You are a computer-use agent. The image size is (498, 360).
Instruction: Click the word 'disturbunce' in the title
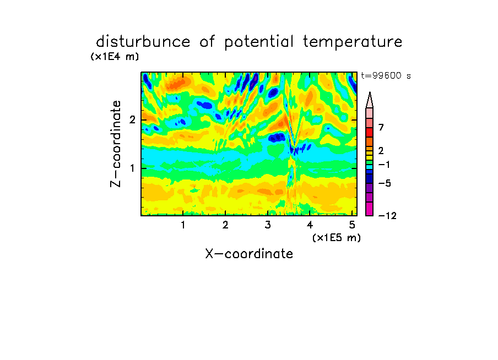[x=143, y=42]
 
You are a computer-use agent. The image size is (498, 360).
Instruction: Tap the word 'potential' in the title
[x=259, y=42]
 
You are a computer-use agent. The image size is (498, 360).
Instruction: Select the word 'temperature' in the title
[x=353, y=42]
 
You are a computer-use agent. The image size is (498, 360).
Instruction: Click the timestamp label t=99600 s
[x=386, y=76]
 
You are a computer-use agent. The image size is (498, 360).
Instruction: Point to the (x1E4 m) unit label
[x=115, y=57]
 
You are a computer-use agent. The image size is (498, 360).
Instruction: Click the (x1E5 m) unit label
[x=337, y=238]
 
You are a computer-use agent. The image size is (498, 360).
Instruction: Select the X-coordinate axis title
[x=249, y=254]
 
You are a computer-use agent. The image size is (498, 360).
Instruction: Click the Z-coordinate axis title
[x=116, y=144]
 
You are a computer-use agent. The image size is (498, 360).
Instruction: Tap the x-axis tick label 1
[x=183, y=225]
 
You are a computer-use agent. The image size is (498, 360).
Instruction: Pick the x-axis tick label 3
[x=268, y=225]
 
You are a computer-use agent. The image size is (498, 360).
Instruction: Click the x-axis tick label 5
[x=352, y=225]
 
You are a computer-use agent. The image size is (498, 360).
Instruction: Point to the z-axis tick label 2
[x=132, y=120]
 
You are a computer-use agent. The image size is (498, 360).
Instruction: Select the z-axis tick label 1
[x=132, y=168]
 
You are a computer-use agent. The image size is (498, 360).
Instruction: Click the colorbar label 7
[x=381, y=128]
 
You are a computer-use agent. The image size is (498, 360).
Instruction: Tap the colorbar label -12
[x=387, y=216]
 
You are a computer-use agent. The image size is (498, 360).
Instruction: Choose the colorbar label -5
[x=385, y=183]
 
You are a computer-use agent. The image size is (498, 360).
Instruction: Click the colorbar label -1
[x=384, y=165]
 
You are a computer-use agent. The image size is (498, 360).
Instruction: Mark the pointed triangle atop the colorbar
[x=370, y=100]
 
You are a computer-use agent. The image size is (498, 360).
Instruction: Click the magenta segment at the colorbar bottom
[x=370, y=209]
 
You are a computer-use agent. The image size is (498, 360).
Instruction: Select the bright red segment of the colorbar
[x=370, y=132]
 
